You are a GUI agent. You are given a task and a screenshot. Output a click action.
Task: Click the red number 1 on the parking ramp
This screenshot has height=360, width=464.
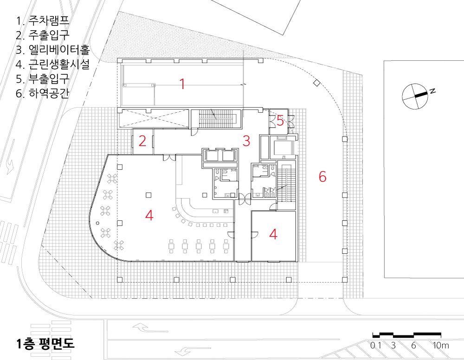(x=182, y=84)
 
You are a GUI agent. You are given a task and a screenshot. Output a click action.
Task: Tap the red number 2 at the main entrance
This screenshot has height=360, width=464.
(x=142, y=141)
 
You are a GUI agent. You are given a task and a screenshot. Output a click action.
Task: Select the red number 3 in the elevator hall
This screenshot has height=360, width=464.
(x=246, y=141)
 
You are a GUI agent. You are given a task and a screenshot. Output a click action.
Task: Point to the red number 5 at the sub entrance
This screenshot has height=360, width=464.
(x=280, y=121)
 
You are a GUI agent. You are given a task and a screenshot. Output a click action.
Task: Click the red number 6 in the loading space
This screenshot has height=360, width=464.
(x=322, y=176)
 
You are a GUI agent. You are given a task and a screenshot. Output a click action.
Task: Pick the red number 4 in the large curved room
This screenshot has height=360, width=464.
(x=149, y=215)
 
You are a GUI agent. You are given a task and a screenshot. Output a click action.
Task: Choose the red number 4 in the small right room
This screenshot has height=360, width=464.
(x=273, y=234)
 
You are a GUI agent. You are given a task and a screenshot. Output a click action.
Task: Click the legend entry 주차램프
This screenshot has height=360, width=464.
(x=49, y=20)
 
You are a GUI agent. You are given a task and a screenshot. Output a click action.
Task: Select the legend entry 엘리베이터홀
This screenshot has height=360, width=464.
(x=59, y=49)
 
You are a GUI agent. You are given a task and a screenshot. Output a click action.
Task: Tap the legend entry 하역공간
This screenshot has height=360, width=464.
(x=49, y=93)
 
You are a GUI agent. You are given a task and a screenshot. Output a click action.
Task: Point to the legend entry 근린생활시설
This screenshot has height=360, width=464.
(x=59, y=64)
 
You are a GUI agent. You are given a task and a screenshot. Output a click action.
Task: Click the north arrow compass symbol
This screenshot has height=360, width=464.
(x=415, y=96)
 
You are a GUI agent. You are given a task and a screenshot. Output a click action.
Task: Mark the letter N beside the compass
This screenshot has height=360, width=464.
(x=432, y=91)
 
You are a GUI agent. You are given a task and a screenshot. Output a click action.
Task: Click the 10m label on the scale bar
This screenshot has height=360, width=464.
(x=441, y=345)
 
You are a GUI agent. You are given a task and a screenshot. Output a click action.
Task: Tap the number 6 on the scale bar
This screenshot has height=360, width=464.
(x=413, y=345)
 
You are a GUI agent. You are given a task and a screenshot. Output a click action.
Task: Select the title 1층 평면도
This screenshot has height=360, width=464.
(x=45, y=344)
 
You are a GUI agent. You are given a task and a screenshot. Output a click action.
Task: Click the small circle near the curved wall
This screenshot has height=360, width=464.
(x=97, y=223)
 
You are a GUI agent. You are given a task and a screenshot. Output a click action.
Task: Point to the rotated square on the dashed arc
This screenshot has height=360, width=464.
(x=316, y=83)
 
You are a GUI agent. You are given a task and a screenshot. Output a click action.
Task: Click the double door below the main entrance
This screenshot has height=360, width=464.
(x=169, y=158)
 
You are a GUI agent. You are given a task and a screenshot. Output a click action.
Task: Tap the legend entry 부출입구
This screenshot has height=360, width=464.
(x=49, y=79)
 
